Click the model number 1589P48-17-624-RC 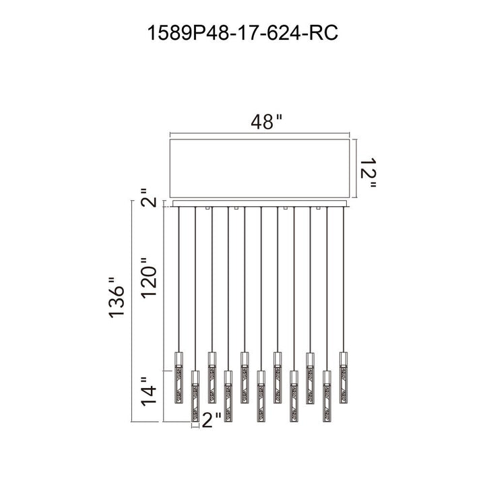coord(243,33)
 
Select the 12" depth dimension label coord(368,173)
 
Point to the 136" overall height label coord(117,298)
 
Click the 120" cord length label coord(150,278)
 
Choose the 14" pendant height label coord(150,391)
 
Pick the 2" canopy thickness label coord(150,197)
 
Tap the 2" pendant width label coord(212,420)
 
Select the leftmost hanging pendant coord(179,377)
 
